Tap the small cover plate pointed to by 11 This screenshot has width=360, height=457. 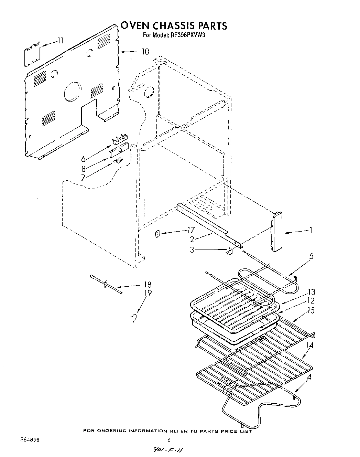pos(32,54)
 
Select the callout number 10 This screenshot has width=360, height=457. pos(145,52)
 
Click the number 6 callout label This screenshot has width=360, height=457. pos(83,159)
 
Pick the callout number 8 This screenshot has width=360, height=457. pos(83,169)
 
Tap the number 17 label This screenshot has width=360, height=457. pos(190,231)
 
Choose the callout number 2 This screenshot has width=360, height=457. pos(192,240)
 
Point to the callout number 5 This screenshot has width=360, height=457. pos(311,256)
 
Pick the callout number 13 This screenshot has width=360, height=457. pos(312,292)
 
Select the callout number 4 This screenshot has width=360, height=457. pos(310,377)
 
